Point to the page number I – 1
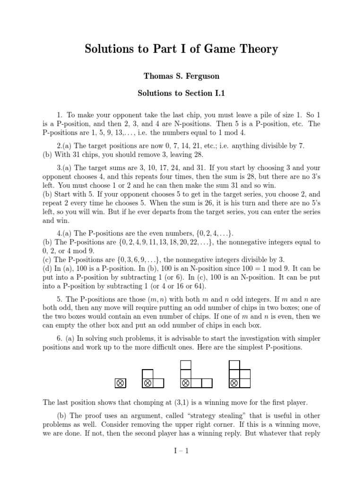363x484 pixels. tap(181, 451)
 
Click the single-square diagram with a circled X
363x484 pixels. tap(121, 383)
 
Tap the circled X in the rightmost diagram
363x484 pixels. tap(233, 383)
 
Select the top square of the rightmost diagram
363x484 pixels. tap(233, 365)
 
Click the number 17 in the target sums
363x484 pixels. tap(153, 168)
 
